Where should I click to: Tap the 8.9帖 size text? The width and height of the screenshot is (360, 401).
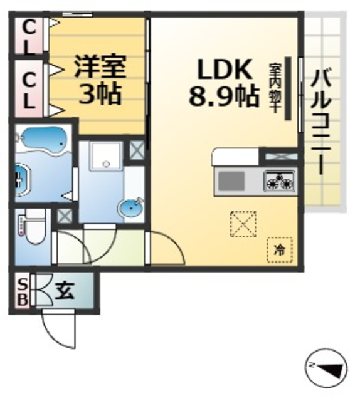coord(225,96)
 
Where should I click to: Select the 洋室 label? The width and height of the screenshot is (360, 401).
coord(100,65)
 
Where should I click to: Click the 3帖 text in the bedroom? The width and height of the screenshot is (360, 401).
coord(100,94)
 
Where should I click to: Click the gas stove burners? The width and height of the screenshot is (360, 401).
coord(278,182)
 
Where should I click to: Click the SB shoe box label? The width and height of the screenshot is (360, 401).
coord(21,291)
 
